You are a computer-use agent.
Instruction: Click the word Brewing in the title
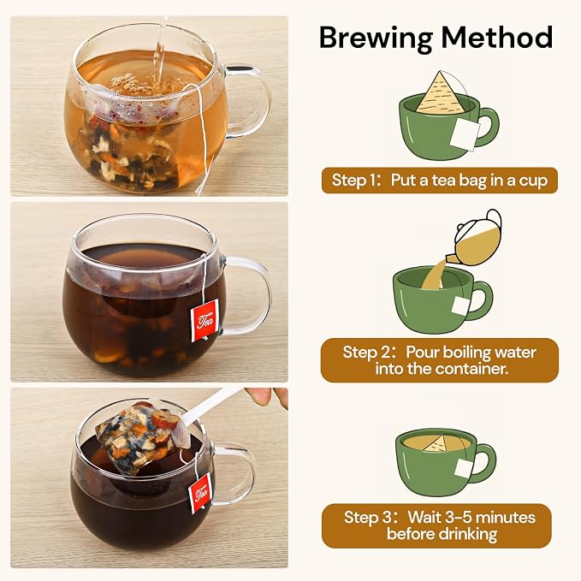[376, 39]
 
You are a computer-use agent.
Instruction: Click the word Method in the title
[497, 37]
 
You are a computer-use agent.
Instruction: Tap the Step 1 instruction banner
[440, 181]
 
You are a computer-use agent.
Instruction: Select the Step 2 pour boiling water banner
[440, 360]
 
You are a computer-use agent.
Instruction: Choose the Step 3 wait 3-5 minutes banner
[436, 525]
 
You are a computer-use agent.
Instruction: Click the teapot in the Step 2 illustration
[476, 239]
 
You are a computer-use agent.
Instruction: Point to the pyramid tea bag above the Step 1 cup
[440, 92]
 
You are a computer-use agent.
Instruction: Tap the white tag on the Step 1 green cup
[465, 134]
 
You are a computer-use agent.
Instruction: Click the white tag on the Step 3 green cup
[463, 467]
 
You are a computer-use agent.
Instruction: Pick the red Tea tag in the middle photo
[205, 321]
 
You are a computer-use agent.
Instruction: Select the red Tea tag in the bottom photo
[200, 494]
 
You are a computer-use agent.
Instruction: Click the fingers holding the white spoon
[267, 397]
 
